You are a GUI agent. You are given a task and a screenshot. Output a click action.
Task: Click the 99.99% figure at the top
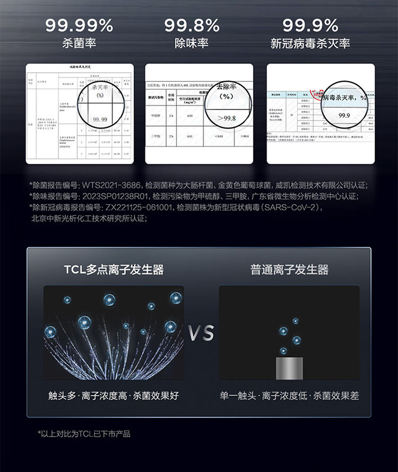click(x=79, y=25)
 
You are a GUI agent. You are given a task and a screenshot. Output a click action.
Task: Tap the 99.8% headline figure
click(x=192, y=25)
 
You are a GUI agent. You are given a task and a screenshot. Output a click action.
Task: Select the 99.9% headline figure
click(x=310, y=25)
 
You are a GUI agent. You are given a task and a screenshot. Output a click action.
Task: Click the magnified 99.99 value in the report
click(x=100, y=119)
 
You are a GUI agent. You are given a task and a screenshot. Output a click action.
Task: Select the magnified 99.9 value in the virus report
click(x=344, y=115)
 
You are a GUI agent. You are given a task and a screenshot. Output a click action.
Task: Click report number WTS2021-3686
click(x=111, y=185)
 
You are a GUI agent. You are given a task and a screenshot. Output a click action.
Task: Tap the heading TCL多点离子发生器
click(x=114, y=269)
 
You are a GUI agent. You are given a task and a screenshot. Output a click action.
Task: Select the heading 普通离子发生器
click(x=289, y=269)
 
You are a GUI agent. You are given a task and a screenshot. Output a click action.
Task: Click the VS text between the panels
click(x=201, y=333)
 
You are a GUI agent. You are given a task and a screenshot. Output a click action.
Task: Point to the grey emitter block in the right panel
click(x=289, y=367)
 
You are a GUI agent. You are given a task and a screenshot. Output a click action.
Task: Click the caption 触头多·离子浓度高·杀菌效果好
click(x=114, y=396)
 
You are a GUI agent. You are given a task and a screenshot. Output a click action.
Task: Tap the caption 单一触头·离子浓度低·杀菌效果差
click(x=289, y=396)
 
